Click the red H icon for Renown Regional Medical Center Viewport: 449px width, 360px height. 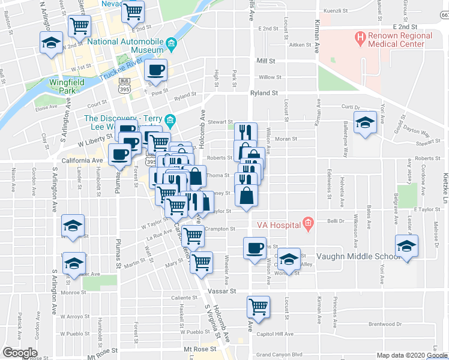tap(360, 40)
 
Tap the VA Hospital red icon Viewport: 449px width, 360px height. tap(309, 226)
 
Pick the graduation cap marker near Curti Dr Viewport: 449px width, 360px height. tap(363, 122)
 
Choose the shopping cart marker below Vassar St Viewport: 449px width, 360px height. tap(259, 307)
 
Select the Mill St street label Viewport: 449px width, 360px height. tap(265, 61)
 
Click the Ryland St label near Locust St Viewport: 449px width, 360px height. tap(264, 93)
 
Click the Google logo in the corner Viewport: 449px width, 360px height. tap(20, 353)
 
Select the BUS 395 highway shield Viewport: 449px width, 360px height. tap(125, 85)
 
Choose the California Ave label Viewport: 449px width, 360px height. tap(82, 161)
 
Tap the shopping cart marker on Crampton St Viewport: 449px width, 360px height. tap(193, 236)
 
